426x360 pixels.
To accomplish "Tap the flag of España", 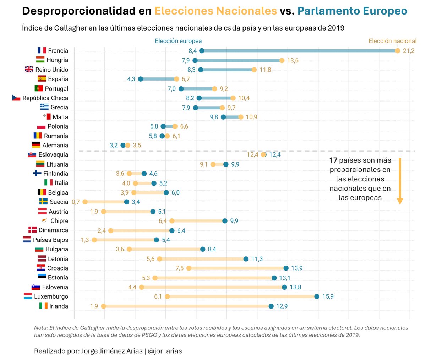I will click(x=42, y=79).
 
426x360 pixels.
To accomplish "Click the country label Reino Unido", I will click(x=51, y=70).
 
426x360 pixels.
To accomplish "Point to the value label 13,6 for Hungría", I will click(x=293, y=60).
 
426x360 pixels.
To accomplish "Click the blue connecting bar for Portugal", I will click(x=198, y=89).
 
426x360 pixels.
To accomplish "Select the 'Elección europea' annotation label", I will click(x=178, y=41).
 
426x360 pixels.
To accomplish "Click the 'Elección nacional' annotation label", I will click(x=392, y=41).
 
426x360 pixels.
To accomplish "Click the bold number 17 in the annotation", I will click(x=333, y=160).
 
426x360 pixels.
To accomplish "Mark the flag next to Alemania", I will click(x=36, y=145).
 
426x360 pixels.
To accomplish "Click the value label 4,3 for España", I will click(x=131, y=79).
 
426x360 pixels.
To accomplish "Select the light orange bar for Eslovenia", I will click(x=213, y=287).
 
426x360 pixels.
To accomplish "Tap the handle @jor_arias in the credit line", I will click(x=165, y=351).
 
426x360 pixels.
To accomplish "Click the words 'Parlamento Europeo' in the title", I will click(x=352, y=11).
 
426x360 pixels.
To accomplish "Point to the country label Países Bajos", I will click(x=50, y=240).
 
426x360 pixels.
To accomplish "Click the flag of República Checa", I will click(x=16, y=98).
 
